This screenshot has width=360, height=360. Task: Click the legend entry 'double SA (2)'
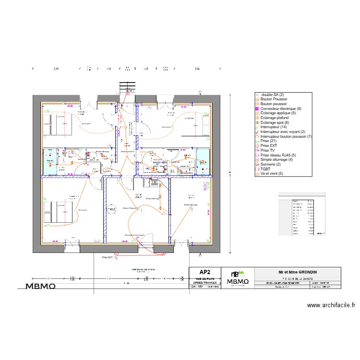tap(273, 95)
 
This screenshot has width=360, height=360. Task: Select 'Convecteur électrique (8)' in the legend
tap(281, 108)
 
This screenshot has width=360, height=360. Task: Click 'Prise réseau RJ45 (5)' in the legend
tap(279, 155)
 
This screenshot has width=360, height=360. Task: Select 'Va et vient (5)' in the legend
tap(272, 173)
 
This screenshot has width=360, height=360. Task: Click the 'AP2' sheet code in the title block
tap(205, 272)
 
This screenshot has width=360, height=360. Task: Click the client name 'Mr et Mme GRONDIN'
tap(298, 272)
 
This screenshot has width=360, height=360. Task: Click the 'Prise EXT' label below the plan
tap(107, 257)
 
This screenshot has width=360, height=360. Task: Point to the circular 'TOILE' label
tap(111, 210)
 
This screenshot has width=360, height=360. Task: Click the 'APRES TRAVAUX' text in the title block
tap(205, 283)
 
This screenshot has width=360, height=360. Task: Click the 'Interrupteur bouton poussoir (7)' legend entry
tap(286, 136)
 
